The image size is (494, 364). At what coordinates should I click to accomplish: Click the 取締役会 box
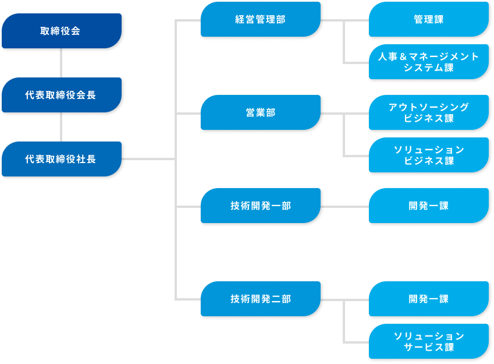61,31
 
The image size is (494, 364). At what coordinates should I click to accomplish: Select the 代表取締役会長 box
61,95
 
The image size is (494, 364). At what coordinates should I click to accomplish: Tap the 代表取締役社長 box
61,159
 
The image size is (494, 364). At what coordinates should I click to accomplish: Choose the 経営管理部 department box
260,19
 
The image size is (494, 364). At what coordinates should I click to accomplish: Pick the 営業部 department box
260,112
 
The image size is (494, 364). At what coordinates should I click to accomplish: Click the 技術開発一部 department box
260,206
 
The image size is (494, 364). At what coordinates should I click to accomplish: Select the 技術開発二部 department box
260,299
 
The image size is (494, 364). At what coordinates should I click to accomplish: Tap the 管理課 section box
428,19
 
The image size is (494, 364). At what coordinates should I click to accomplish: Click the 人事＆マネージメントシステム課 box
428,62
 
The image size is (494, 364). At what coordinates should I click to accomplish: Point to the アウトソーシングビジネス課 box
428,112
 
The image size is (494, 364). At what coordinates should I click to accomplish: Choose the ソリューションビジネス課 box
428,155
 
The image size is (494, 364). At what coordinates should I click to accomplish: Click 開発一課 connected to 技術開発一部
428,206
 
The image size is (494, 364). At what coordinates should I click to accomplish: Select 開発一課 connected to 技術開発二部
428,299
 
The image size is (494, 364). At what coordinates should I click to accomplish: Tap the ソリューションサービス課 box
428,341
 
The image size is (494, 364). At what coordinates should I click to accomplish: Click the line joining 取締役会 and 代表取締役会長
61,63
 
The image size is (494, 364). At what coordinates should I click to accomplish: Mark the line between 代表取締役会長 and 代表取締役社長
61,127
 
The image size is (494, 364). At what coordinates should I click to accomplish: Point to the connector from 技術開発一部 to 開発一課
344,206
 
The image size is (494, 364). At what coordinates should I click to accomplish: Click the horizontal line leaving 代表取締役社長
148,159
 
